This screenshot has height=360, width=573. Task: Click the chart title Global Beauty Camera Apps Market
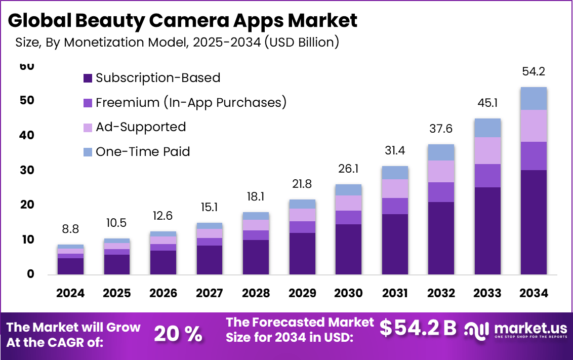tap(183, 21)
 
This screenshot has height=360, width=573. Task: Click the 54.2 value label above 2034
tap(534, 72)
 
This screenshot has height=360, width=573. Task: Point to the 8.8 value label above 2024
tap(71, 229)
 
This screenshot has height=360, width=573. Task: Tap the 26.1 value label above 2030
tap(348, 168)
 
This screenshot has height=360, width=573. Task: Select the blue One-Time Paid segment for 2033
tap(487, 128)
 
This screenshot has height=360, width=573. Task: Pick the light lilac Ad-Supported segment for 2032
tap(441, 171)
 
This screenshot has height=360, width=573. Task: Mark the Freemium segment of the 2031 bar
tap(395, 206)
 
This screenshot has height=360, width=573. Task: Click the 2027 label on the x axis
tap(210, 293)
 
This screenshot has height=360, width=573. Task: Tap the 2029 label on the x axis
tap(302, 293)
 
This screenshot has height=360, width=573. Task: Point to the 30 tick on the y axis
tap(28, 170)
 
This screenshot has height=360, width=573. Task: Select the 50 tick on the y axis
tap(28, 100)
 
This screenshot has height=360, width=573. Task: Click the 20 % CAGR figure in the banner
tap(178, 334)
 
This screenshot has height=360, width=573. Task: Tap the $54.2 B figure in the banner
tap(418, 328)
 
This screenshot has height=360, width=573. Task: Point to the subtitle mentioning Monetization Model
tap(177, 43)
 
